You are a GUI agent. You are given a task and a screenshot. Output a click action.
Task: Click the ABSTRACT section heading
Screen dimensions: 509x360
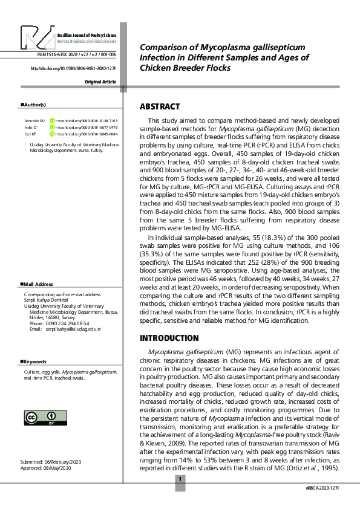click(160, 107)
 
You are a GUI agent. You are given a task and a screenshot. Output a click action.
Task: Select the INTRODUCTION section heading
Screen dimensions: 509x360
click(169, 338)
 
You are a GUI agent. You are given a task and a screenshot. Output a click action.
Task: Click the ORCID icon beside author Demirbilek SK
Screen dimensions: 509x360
click(53, 121)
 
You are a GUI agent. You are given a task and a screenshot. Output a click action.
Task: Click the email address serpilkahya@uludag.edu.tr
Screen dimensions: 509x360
click(74, 329)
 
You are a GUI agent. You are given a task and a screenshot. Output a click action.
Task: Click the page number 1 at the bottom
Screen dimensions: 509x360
click(180, 480)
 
